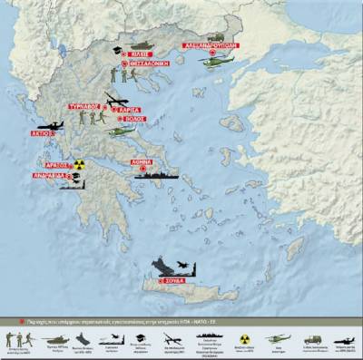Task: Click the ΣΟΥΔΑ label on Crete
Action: tap(174, 282)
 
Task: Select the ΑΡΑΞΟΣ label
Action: tap(57, 165)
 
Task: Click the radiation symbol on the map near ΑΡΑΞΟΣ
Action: tap(80, 166)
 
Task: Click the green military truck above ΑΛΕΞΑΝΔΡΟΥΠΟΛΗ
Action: tap(215, 34)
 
